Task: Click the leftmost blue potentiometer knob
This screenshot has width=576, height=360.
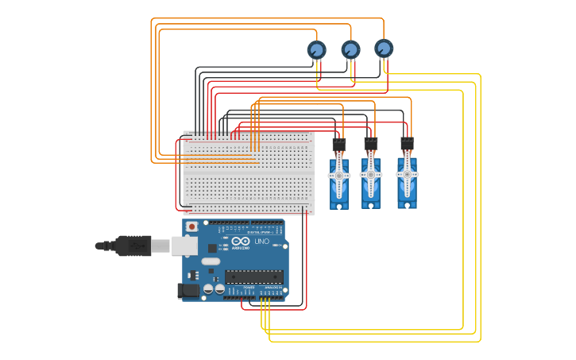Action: coord(316,50)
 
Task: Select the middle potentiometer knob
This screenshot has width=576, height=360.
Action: coord(350,50)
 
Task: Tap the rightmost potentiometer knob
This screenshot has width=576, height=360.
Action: coord(384,48)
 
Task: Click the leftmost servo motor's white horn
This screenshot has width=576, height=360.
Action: coord(339,176)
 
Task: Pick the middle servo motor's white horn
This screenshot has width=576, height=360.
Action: coord(371,175)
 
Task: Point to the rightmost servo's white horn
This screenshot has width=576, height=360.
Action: coord(407,174)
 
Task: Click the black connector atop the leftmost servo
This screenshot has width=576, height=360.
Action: coord(339,145)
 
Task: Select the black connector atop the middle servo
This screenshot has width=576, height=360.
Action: coord(371,145)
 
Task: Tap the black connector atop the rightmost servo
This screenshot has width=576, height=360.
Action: coord(407,144)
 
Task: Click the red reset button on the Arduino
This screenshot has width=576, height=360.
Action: coord(191,226)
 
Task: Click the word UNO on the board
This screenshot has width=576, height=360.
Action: coord(261,241)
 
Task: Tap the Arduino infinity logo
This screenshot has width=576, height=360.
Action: coord(242,241)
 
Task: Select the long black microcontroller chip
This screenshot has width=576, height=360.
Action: coord(253,277)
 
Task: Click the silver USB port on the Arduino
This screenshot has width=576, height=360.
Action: coord(184,246)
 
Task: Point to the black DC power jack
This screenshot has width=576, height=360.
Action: coord(188,290)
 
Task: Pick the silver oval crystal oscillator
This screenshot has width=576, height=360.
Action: coord(211,261)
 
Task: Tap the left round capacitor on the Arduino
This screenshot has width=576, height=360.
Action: coord(208,289)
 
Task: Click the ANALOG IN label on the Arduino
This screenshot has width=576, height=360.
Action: coord(273,287)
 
